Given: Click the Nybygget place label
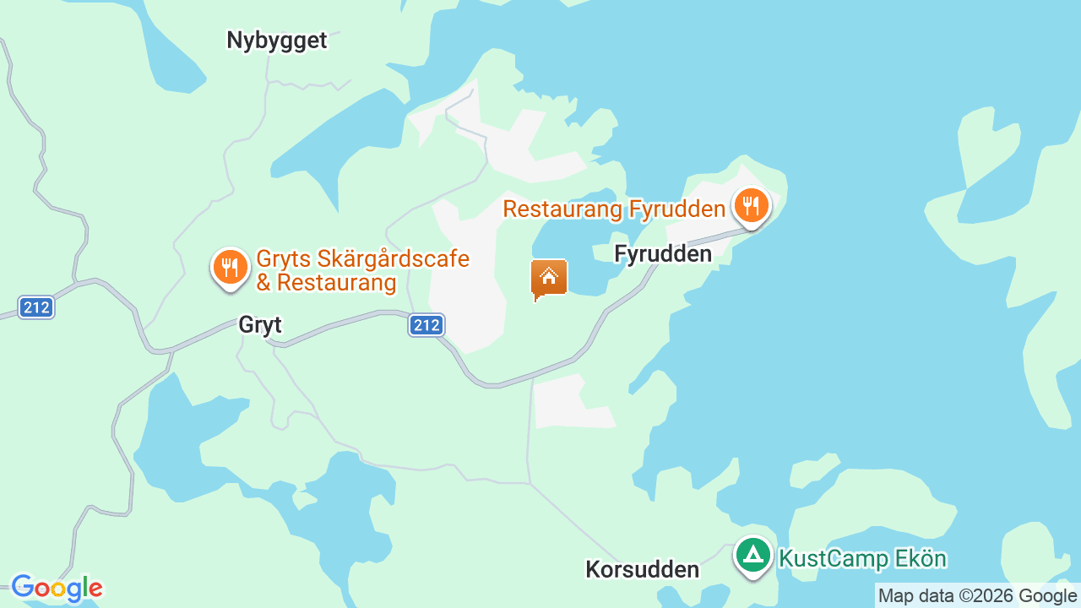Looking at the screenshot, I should pyautogui.click(x=276, y=40).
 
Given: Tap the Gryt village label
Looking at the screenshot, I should pyautogui.click(x=260, y=325).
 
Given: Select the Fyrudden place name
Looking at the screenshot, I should pyautogui.click(x=663, y=253).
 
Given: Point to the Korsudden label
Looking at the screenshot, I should pyautogui.click(x=642, y=569).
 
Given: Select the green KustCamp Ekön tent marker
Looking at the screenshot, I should pyautogui.click(x=752, y=556).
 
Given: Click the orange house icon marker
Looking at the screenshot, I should pyautogui.click(x=549, y=278).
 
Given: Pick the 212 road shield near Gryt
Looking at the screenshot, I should pyautogui.click(x=426, y=324).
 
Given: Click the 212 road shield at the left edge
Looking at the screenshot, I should pyautogui.click(x=36, y=307).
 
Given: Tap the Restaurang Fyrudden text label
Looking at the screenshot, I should pyautogui.click(x=614, y=209).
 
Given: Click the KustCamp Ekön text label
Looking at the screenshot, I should pyautogui.click(x=862, y=559).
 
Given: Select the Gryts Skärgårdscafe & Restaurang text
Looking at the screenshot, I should pyautogui.click(x=362, y=270).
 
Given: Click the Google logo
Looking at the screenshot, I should pyautogui.click(x=57, y=588).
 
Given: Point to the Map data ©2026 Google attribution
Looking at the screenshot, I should pyautogui.click(x=978, y=595).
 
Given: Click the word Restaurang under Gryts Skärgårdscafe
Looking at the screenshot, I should pyautogui.click(x=337, y=282).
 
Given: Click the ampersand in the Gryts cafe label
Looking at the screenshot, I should pyautogui.click(x=263, y=282).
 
